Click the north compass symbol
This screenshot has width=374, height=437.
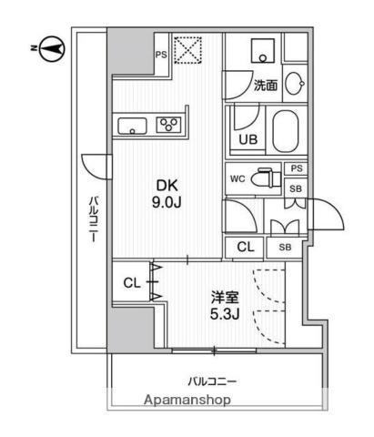[52, 49]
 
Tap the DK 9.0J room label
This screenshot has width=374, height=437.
[167, 194]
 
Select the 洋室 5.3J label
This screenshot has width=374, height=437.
[225, 306]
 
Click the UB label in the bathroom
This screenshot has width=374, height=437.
[248, 139]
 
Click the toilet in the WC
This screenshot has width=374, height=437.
[268, 178]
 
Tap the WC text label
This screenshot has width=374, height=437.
[238, 178]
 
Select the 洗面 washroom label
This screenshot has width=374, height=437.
[266, 86]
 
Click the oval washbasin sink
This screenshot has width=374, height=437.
[295, 83]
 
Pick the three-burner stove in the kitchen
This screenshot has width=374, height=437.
[168, 125]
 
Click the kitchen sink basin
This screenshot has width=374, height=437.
[132, 126]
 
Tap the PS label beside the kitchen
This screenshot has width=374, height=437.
[161, 55]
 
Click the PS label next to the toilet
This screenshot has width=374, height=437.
[296, 168]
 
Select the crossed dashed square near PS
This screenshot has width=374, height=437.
[188, 50]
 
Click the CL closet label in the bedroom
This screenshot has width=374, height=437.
[132, 283]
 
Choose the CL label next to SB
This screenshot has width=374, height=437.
[246, 247]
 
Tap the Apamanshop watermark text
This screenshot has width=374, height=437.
[187, 400]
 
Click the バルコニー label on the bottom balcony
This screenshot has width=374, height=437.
[212, 381]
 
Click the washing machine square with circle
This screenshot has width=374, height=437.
[263, 51]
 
